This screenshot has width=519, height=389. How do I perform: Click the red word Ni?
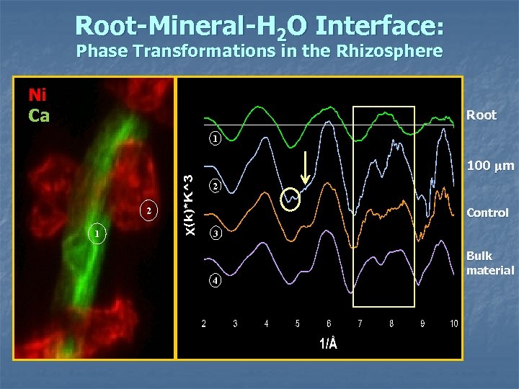point(38,96)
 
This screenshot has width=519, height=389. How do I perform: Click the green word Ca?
point(39,115)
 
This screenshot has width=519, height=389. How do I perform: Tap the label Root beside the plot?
point(482,115)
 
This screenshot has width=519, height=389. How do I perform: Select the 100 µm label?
point(490,166)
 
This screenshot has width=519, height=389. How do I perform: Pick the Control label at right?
point(487,213)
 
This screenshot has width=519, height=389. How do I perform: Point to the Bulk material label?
point(489,263)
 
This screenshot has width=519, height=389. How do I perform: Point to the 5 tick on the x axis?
point(298,324)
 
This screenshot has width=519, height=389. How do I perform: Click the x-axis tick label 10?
point(453,324)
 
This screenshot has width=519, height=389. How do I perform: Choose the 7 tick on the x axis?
point(360,324)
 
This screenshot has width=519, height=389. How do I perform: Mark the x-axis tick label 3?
point(235,324)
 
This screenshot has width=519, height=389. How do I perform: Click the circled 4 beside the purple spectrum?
point(214,280)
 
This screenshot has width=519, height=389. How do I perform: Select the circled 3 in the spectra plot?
point(214,234)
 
